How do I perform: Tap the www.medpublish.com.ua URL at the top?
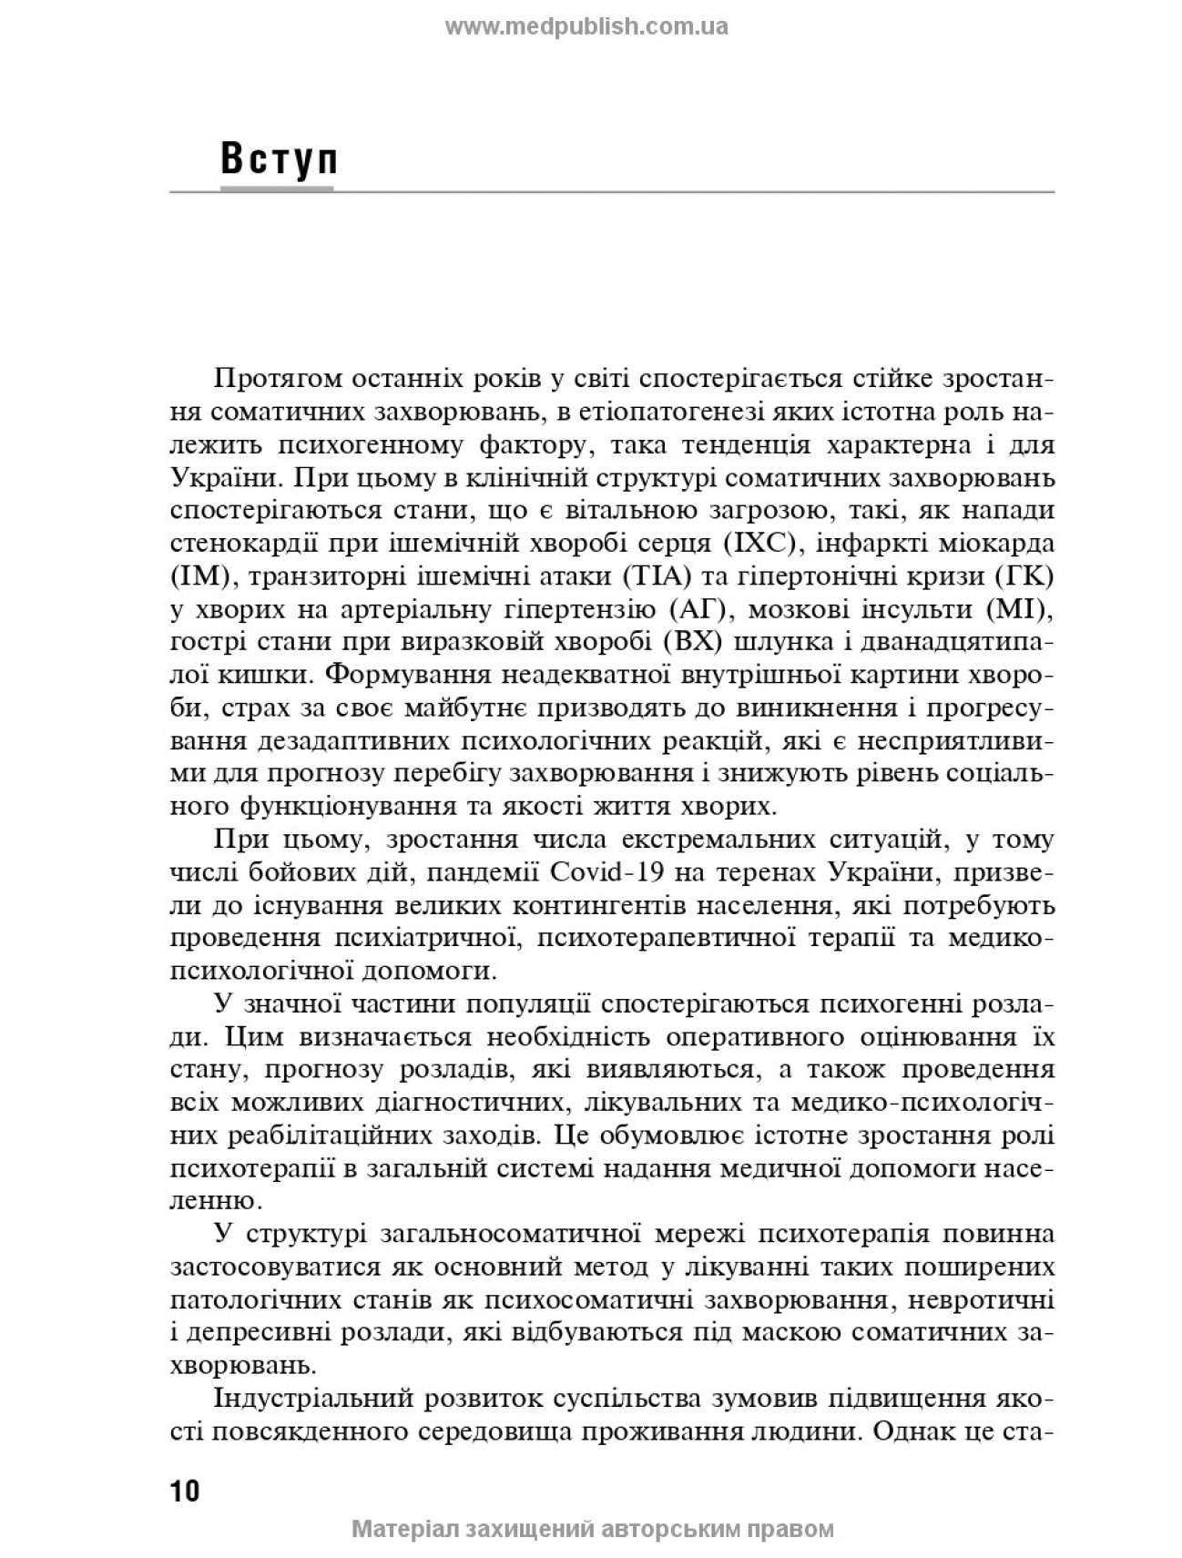[586, 26]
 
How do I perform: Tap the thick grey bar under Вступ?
[277, 188]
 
